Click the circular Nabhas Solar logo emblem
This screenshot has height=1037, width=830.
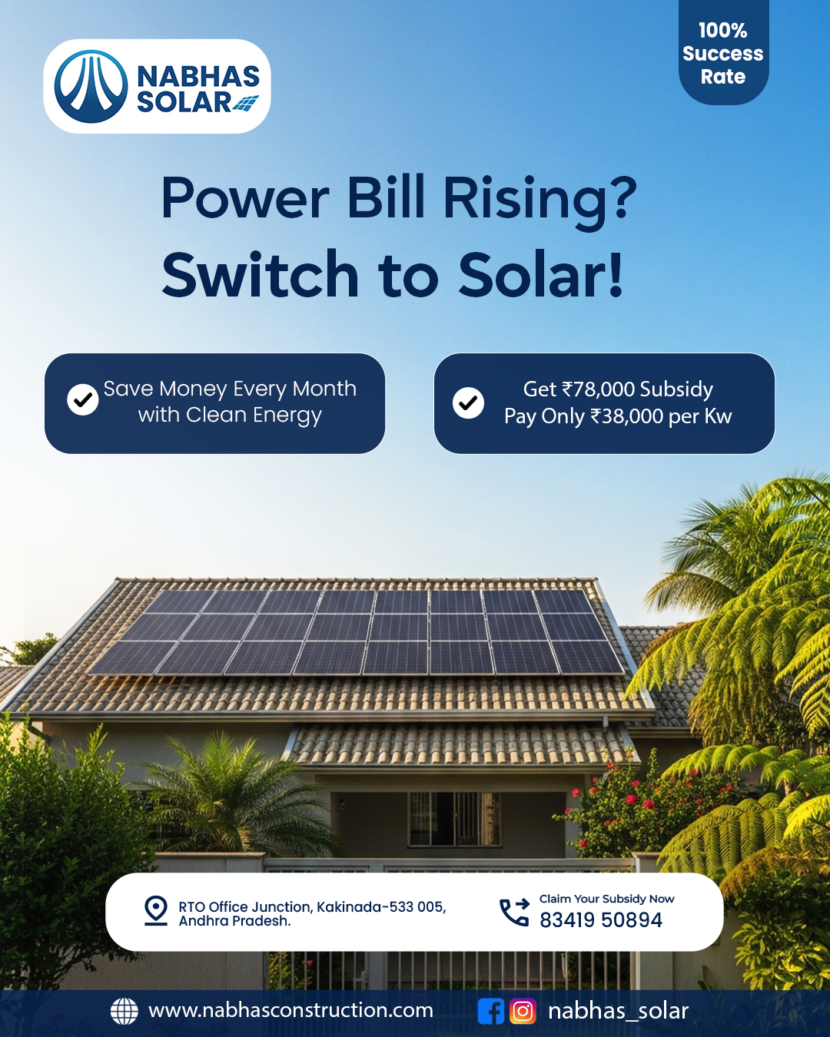click(91, 86)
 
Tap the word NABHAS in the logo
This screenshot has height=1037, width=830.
click(198, 75)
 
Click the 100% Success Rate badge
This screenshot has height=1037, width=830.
click(723, 52)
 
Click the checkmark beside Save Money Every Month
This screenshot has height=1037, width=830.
click(82, 399)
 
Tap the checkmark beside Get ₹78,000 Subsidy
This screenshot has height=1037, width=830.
click(468, 403)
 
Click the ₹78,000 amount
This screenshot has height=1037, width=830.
click(598, 389)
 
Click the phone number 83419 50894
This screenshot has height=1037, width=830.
click(601, 920)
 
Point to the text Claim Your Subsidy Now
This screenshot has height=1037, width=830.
click(606, 898)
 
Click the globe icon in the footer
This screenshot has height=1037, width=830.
click(124, 1010)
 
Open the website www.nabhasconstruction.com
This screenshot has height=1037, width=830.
click(290, 1010)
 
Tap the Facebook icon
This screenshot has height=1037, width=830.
click(491, 1011)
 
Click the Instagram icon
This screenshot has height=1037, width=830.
click(523, 1011)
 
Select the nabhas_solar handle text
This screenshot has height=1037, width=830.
click(619, 1011)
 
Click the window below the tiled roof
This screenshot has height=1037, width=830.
click(454, 819)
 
